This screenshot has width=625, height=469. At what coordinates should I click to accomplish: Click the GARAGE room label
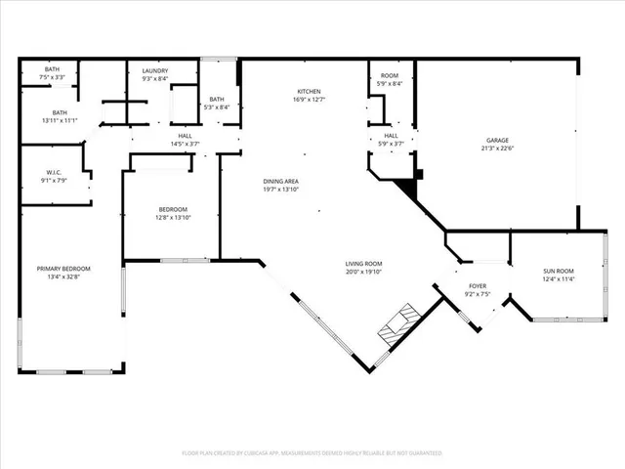[x=497, y=141]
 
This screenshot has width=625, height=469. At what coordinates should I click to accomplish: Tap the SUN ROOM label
[x=559, y=270]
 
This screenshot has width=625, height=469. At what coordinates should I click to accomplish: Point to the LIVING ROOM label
[x=362, y=264]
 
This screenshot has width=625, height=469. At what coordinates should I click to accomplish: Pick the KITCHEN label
[x=310, y=91]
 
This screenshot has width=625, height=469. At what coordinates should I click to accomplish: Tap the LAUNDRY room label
[x=155, y=70]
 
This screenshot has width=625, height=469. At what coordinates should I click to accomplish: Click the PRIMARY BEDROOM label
[x=63, y=269]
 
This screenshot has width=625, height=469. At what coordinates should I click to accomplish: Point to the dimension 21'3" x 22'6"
[x=497, y=149]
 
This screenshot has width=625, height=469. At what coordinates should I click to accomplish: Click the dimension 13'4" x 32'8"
[x=63, y=277]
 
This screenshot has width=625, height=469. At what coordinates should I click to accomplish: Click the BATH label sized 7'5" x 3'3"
[x=50, y=68]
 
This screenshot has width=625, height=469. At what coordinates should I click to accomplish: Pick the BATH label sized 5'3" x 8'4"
[x=216, y=99]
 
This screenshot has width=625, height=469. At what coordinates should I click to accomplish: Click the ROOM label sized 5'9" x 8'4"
[x=390, y=76]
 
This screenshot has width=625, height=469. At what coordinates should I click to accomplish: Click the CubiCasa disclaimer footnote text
[x=312, y=453]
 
